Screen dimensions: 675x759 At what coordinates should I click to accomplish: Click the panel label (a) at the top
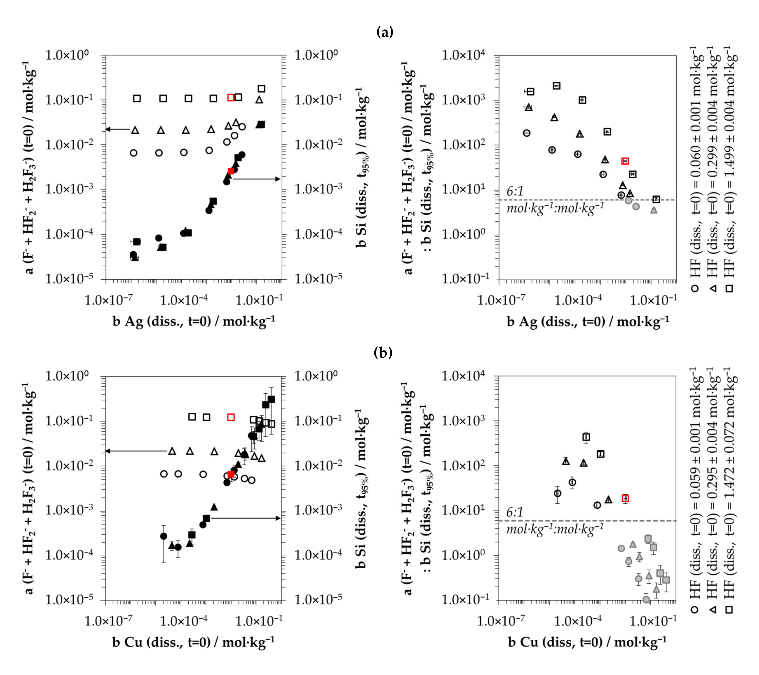point(384,32)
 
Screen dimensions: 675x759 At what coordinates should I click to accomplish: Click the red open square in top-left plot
point(231,98)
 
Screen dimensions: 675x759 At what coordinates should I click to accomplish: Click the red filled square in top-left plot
point(231,171)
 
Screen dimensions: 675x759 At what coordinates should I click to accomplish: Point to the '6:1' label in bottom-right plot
point(515,513)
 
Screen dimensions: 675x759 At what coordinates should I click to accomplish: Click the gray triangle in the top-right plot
point(654,210)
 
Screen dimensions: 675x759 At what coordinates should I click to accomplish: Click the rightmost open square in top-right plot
point(656,199)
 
